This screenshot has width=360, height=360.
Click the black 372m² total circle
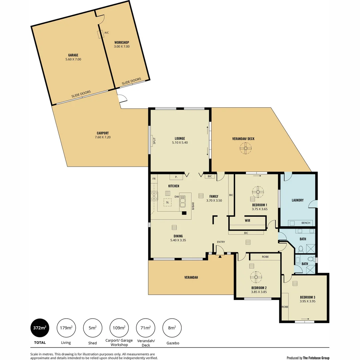pos(39,328)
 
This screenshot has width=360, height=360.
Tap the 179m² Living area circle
pos(66,328)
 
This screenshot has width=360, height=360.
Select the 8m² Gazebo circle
pos(172,328)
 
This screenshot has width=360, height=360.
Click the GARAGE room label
pos(73,55)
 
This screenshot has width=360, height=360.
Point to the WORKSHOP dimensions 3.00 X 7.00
pos(122,47)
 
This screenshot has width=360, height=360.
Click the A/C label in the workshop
pos(107,33)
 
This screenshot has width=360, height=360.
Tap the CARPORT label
pos(103,133)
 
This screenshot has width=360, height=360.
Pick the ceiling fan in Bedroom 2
pos(256,277)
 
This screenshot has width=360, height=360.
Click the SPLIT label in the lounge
pos(154,141)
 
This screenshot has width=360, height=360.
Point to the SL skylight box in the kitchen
pos(167,202)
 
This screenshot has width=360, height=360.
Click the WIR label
pos(247,220)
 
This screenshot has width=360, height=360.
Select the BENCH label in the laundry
pos(306,223)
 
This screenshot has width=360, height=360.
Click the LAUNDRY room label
pos(297,200)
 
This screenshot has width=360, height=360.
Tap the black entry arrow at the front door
pos(220,256)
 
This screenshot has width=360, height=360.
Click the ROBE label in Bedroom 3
pos(285,307)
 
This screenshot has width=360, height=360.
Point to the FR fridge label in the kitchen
pos(154,179)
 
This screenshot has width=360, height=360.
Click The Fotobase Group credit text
pos(316,358)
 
